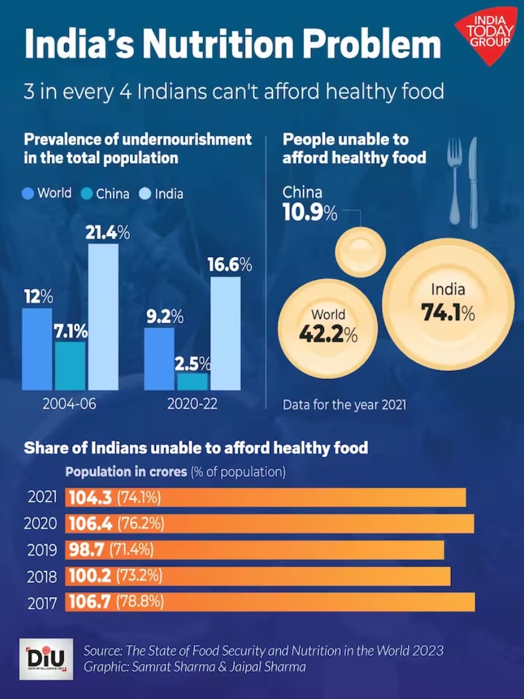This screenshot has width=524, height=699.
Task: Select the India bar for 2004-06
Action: pyautogui.click(x=103, y=317)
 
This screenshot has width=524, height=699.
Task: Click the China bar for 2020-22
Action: pyautogui.click(x=192, y=381)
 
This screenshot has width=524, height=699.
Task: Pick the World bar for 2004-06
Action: pyautogui.click(x=37, y=349)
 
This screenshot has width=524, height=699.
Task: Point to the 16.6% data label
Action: pyautogui.click(x=229, y=265)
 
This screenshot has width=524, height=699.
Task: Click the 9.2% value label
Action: pyautogui.click(x=164, y=317)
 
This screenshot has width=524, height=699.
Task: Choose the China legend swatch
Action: pyautogui.click(x=87, y=194)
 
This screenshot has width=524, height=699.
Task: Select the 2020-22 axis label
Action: pyautogui.click(x=192, y=404)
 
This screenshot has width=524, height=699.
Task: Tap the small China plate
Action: pyautogui.click(x=361, y=252)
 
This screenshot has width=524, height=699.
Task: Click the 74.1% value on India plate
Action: pyautogui.click(x=448, y=312)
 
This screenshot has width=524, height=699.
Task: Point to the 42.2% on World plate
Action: pyautogui.click(x=328, y=334)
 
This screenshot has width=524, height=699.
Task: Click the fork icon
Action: pyautogui.click(x=456, y=180)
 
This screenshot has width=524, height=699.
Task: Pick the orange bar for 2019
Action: pyautogui.click(x=255, y=550)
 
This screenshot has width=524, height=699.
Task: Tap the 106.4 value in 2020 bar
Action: pyautogui.click(x=90, y=524)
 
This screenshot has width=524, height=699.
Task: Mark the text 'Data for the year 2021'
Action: pyautogui.click(x=345, y=405)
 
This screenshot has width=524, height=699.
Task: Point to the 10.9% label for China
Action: pyautogui.click(x=310, y=213)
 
